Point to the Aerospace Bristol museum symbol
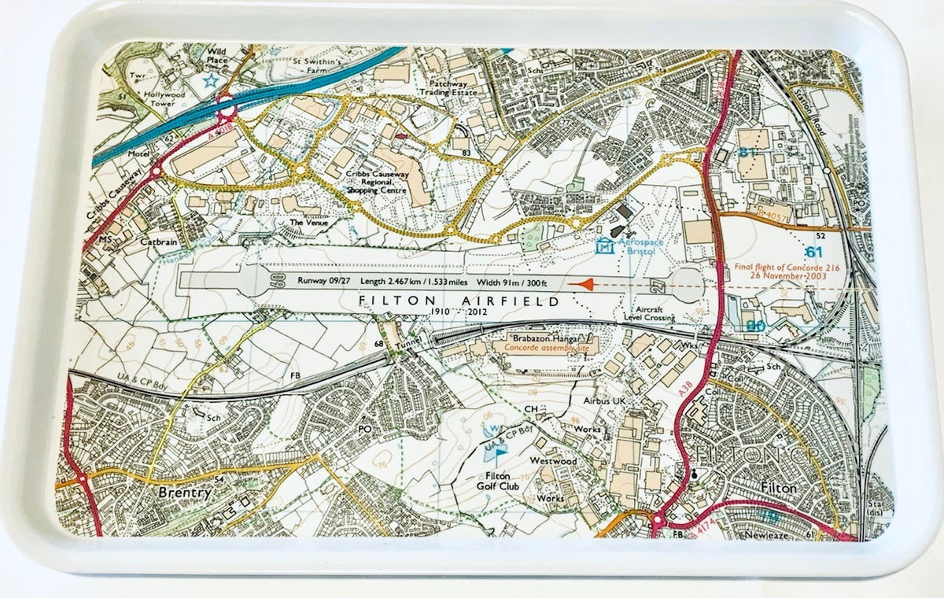[603, 247]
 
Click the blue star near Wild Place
[210, 80]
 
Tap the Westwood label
[554, 460]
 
